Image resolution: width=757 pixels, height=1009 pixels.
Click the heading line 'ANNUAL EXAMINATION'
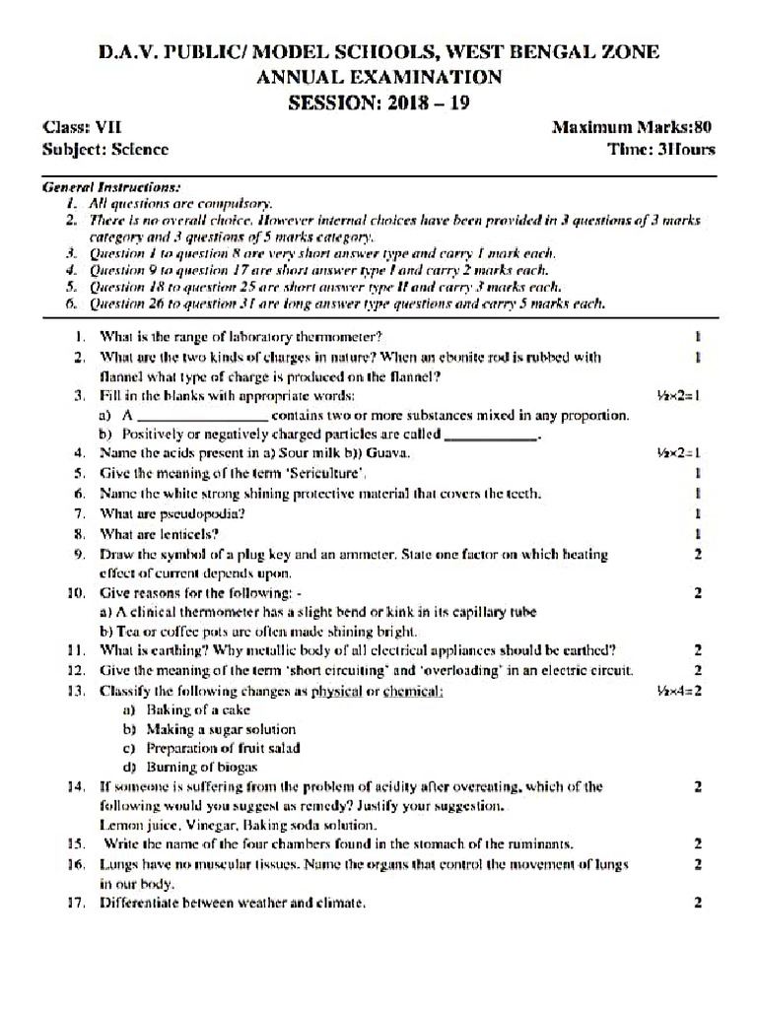click(379, 77)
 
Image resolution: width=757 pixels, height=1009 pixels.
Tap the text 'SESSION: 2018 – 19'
click(379, 102)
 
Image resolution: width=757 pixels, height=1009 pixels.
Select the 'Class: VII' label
click(81, 128)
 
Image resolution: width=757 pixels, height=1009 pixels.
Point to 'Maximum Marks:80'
click(633, 128)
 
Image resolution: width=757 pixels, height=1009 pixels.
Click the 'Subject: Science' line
click(105, 150)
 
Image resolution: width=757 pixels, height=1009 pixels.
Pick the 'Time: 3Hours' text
click(661, 150)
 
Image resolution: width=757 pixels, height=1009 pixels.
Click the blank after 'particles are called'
click(492, 435)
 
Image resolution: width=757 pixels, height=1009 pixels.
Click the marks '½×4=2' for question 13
click(678, 691)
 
